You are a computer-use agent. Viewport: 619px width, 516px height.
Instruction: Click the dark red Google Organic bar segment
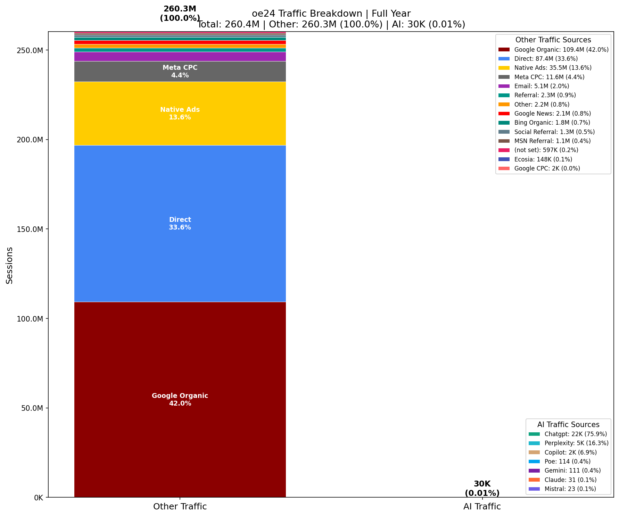(x=180, y=347)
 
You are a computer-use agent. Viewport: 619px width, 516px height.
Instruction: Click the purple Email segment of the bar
(x=180, y=57)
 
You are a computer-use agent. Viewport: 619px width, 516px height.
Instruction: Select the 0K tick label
(x=38, y=498)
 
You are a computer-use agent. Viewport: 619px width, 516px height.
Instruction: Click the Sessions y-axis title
(x=10, y=265)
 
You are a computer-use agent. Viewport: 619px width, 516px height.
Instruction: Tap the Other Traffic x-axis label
(x=180, y=507)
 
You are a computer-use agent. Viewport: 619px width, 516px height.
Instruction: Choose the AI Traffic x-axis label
(x=482, y=507)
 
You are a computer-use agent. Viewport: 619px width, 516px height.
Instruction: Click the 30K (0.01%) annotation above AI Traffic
(x=482, y=488)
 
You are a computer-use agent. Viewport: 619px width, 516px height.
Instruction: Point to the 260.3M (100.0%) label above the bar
(x=180, y=14)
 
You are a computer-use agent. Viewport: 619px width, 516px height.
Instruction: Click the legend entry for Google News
(x=552, y=114)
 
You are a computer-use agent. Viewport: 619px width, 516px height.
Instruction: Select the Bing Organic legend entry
(x=552, y=123)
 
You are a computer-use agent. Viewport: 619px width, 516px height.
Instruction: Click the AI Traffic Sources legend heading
(x=568, y=425)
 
